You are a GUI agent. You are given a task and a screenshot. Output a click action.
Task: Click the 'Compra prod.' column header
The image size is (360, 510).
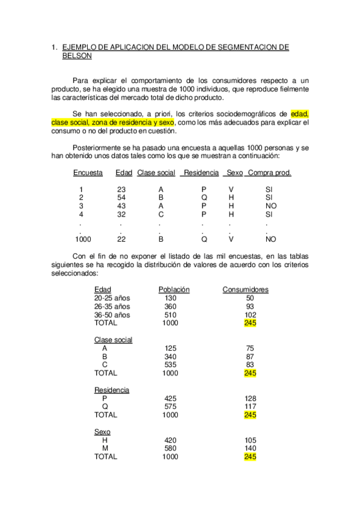[269, 173]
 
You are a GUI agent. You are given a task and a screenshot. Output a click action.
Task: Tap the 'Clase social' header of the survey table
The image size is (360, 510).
[156, 173]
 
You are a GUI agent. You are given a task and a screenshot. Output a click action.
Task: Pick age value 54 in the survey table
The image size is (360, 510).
[121, 197]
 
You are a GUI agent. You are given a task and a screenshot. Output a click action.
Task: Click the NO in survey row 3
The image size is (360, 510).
[270, 206]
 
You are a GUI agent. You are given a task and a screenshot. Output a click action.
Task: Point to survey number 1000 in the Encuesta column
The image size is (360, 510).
[82, 239]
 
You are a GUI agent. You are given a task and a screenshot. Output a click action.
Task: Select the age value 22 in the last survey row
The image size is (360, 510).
[121, 239]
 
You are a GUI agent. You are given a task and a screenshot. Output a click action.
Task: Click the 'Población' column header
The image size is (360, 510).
[174, 289]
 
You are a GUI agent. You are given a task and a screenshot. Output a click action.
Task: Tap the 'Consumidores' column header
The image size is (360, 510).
[245, 289]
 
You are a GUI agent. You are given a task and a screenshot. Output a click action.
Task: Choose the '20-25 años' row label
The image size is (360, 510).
[112, 298]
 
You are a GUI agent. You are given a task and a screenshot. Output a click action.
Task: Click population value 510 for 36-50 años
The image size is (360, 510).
[170, 315]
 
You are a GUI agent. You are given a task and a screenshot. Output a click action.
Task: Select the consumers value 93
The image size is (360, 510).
[251, 306]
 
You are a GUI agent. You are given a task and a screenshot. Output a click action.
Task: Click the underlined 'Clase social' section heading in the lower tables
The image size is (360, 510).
[113, 340]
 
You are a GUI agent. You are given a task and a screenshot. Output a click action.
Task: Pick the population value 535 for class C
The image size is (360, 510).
[170, 364]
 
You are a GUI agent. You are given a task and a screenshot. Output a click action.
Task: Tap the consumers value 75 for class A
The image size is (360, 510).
[251, 348]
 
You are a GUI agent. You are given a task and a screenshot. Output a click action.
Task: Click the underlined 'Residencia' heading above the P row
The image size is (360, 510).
[111, 390]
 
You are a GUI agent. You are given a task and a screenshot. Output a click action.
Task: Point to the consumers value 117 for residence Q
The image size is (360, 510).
[251, 407]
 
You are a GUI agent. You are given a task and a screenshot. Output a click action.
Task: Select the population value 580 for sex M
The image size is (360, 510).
[170, 448]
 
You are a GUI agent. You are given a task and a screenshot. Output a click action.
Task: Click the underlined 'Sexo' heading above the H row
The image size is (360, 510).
[102, 432]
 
